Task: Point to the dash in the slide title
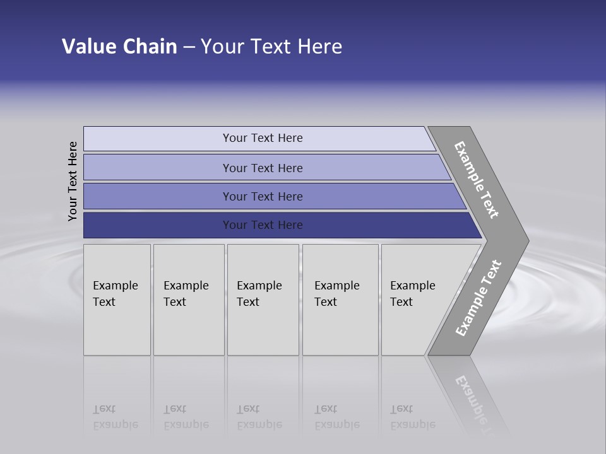tap(189, 47)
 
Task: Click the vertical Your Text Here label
tap(73, 181)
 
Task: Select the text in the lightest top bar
tap(263, 138)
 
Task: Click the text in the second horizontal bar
tap(263, 168)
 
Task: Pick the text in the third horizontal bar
tap(263, 197)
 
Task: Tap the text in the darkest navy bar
tap(263, 225)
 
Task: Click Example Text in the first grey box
tap(115, 294)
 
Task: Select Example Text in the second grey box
tap(186, 294)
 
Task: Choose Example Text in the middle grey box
tap(259, 294)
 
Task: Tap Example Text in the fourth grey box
tap(336, 294)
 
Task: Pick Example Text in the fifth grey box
tap(412, 294)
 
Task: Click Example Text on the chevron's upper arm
tap(477, 180)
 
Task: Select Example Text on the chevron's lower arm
tap(478, 298)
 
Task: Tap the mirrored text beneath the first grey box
tap(115, 417)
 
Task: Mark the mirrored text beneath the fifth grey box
tap(412, 417)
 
